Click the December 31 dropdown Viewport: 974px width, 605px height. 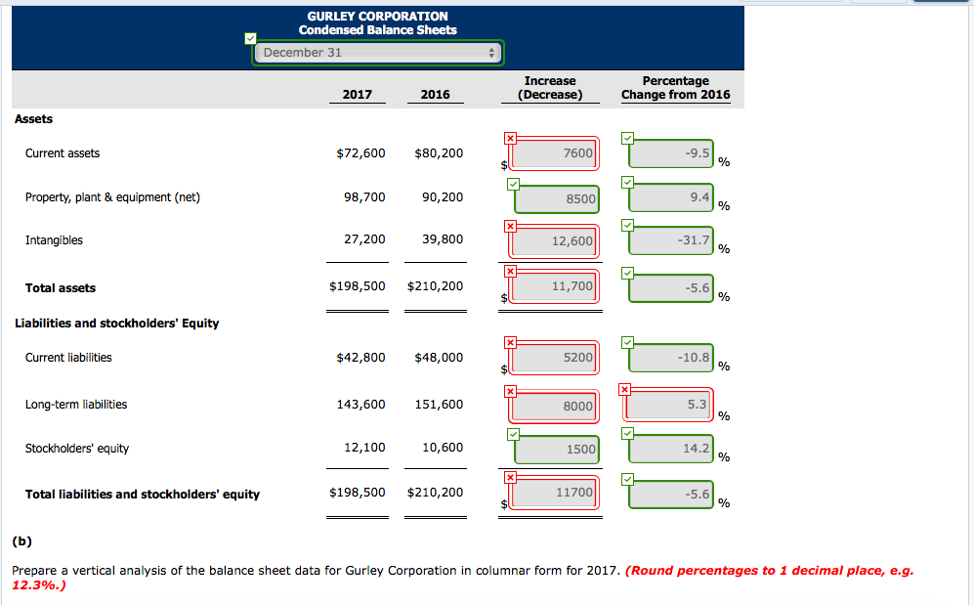tap(377, 53)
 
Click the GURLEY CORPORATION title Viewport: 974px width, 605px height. tap(377, 16)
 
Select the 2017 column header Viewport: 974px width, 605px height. tap(357, 94)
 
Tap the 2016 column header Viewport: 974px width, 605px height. tap(435, 94)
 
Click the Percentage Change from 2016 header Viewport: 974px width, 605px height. tap(675, 88)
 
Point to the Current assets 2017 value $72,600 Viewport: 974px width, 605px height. tap(360, 153)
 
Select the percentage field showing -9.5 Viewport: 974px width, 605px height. tap(672, 153)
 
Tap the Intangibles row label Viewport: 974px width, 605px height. tap(54, 239)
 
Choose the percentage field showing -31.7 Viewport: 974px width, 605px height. tap(672, 240)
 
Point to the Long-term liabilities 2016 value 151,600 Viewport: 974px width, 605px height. tap(439, 405)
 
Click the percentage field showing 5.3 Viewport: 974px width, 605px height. tap(672, 404)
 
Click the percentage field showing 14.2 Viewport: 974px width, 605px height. tap(672, 448)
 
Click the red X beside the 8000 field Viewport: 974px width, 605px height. tap(510, 391)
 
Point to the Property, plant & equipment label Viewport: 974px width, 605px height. tap(112, 197)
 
